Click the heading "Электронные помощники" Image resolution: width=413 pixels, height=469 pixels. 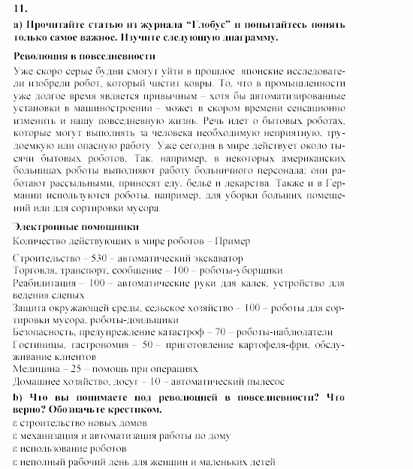(76, 227)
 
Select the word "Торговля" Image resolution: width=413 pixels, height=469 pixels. (35, 271)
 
